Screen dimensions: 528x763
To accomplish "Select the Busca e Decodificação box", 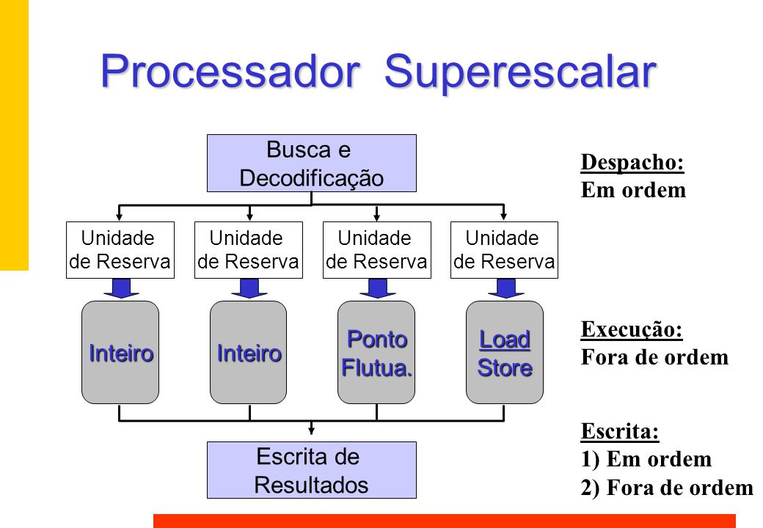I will (311, 163).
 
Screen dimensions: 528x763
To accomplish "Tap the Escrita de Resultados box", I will (311, 470).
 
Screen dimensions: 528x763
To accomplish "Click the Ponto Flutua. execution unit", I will (376, 352).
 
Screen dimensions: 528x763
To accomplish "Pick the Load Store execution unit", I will (505, 352).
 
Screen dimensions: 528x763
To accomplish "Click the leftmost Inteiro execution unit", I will (120, 352).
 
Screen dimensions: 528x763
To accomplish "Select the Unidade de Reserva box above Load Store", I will (504, 250).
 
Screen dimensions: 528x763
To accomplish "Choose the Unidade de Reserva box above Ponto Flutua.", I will (376, 250).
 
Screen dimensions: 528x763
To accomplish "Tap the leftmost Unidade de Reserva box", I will (120, 250).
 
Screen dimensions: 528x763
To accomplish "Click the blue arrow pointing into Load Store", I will (504, 288).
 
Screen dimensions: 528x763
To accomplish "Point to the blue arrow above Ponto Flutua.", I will (377, 288).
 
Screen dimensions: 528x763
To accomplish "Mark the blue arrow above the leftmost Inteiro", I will (121, 288).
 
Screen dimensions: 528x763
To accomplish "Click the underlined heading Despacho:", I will (632, 162).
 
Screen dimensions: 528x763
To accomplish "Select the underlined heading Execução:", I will (632, 330).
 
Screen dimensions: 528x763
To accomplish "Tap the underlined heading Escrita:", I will (620, 431).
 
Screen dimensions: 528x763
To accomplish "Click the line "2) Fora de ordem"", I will (667, 488).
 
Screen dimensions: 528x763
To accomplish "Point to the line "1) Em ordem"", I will (646, 460).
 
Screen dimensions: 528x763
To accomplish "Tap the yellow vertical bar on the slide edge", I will (14, 135).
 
